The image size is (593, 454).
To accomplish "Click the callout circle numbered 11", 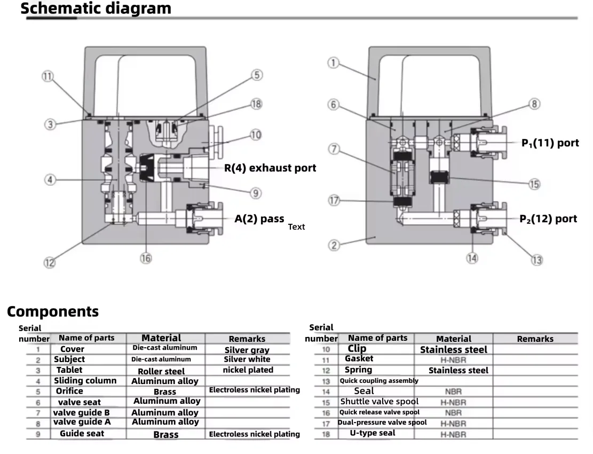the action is pyautogui.click(x=48, y=76).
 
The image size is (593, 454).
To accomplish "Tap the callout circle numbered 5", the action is pyautogui.click(x=257, y=75).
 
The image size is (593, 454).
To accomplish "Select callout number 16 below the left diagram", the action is pyautogui.click(x=146, y=259).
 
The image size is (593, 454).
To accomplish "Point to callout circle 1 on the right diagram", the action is pyautogui.click(x=333, y=62).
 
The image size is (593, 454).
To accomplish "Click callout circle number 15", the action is pyautogui.click(x=534, y=184).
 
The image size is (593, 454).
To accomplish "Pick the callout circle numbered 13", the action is pyautogui.click(x=537, y=260).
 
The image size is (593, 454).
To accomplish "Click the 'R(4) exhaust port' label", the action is pyautogui.click(x=270, y=168).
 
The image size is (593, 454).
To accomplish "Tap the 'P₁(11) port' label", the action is pyautogui.click(x=550, y=143).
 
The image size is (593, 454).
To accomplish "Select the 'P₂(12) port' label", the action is pyautogui.click(x=548, y=218).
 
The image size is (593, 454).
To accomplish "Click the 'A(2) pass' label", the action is pyautogui.click(x=259, y=218).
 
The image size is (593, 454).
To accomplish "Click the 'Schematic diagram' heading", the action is pyautogui.click(x=96, y=9).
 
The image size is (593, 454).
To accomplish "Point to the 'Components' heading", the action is pyautogui.click(x=53, y=311).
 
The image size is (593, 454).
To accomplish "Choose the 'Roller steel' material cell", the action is pyautogui.click(x=161, y=372).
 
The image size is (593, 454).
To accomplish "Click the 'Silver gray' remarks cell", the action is pyautogui.click(x=247, y=350).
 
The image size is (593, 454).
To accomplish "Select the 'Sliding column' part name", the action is pyautogui.click(x=85, y=381).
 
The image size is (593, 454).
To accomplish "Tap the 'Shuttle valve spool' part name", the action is pyautogui.click(x=379, y=402).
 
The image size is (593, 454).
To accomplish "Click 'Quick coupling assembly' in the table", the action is pyautogui.click(x=379, y=381).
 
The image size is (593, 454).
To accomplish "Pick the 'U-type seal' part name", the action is pyautogui.click(x=373, y=433).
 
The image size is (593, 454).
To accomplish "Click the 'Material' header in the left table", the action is pyautogui.click(x=162, y=338).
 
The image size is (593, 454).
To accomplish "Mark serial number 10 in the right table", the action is pyautogui.click(x=326, y=349).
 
